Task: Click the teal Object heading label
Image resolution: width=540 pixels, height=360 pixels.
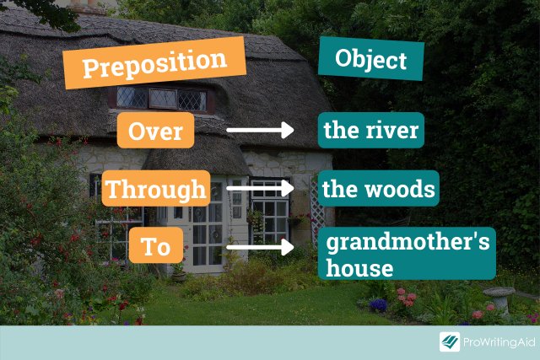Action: (370, 60)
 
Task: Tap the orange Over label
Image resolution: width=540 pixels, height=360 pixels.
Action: (155, 131)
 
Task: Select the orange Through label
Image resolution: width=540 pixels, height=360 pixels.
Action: (155, 189)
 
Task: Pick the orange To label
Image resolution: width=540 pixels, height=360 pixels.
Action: (156, 247)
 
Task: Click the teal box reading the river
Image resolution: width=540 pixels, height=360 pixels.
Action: (370, 131)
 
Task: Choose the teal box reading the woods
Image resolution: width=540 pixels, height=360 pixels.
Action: (378, 189)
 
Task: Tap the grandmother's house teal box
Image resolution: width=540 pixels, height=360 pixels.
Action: (406, 255)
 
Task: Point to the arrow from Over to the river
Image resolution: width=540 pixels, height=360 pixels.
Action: (259, 131)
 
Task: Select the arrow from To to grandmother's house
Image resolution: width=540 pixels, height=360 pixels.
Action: (259, 248)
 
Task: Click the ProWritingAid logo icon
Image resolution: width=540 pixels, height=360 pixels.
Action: (450, 342)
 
